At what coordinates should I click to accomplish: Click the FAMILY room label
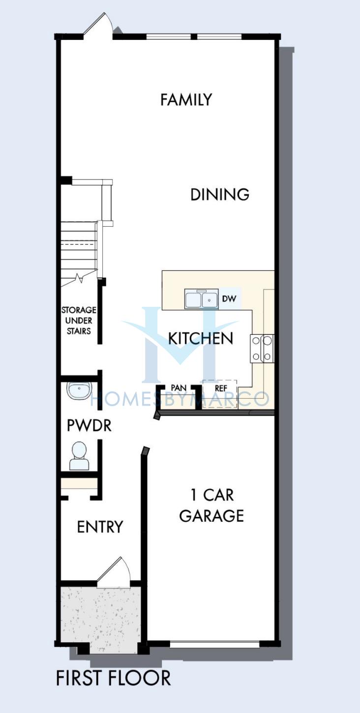pyautogui.click(x=186, y=100)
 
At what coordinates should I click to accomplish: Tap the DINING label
pyautogui.click(x=220, y=195)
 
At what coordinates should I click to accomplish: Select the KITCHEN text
pyautogui.click(x=201, y=338)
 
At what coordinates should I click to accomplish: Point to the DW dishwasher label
pyautogui.click(x=229, y=298)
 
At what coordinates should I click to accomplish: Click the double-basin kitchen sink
pyautogui.click(x=202, y=299)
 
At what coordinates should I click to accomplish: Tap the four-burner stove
pyautogui.click(x=262, y=349)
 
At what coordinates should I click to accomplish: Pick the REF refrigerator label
pyautogui.click(x=221, y=388)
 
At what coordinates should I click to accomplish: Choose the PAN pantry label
pyautogui.click(x=179, y=387)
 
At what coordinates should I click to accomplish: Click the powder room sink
pyautogui.click(x=79, y=390)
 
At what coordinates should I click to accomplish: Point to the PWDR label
pyautogui.click(x=89, y=425)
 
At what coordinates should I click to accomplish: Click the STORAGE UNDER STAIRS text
pyautogui.click(x=79, y=321)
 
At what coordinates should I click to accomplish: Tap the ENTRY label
pyautogui.click(x=100, y=527)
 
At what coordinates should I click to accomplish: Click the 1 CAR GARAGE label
pyautogui.click(x=211, y=505)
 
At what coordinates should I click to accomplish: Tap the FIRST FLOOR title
pyautogui.click(x=113, y=678)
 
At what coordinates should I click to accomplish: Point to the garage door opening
pyautogui.click(x=215, y=645)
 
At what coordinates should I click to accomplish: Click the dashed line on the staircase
pyautogui.click(x=79, y=244)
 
